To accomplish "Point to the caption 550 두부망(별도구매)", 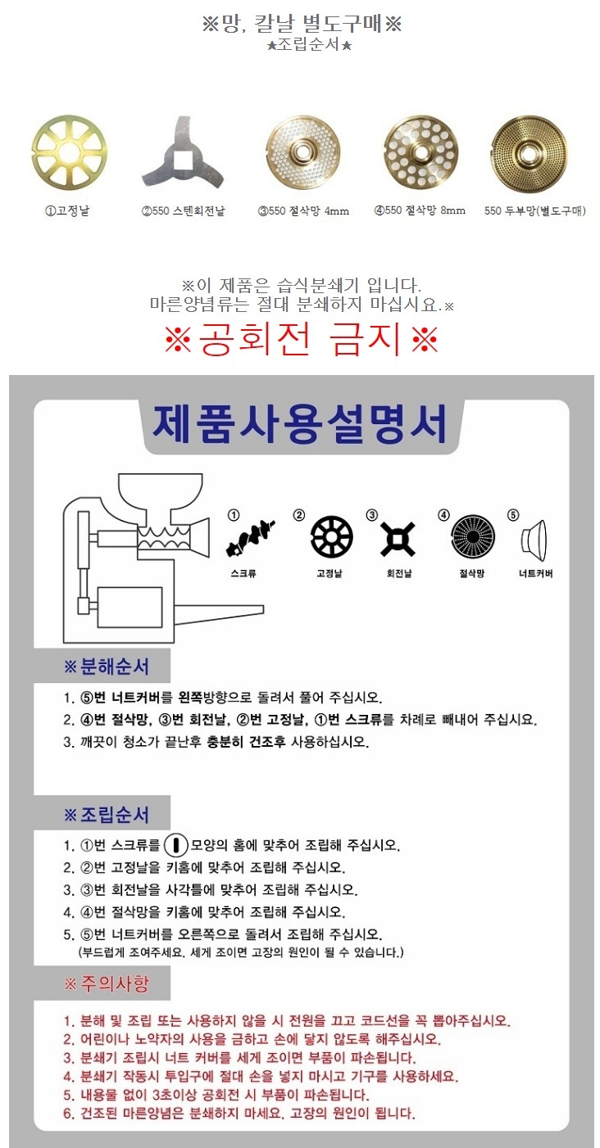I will (x=535, y=211).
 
